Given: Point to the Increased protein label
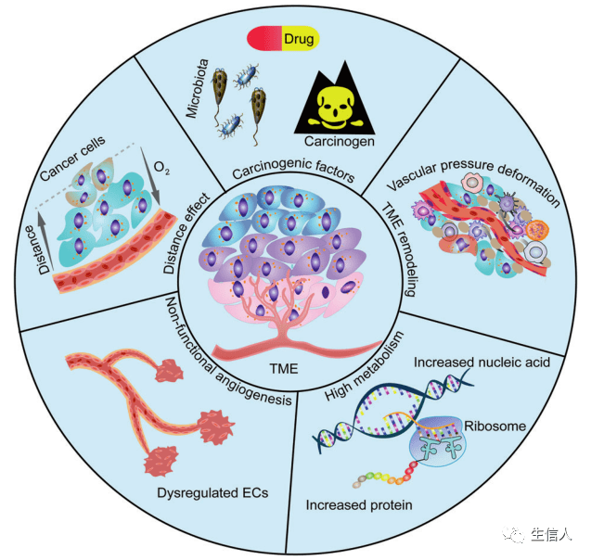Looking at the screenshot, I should tap(359, 505).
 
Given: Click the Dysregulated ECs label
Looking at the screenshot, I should tap(225, 492).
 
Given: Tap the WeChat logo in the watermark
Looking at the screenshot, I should tap(513, 536).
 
